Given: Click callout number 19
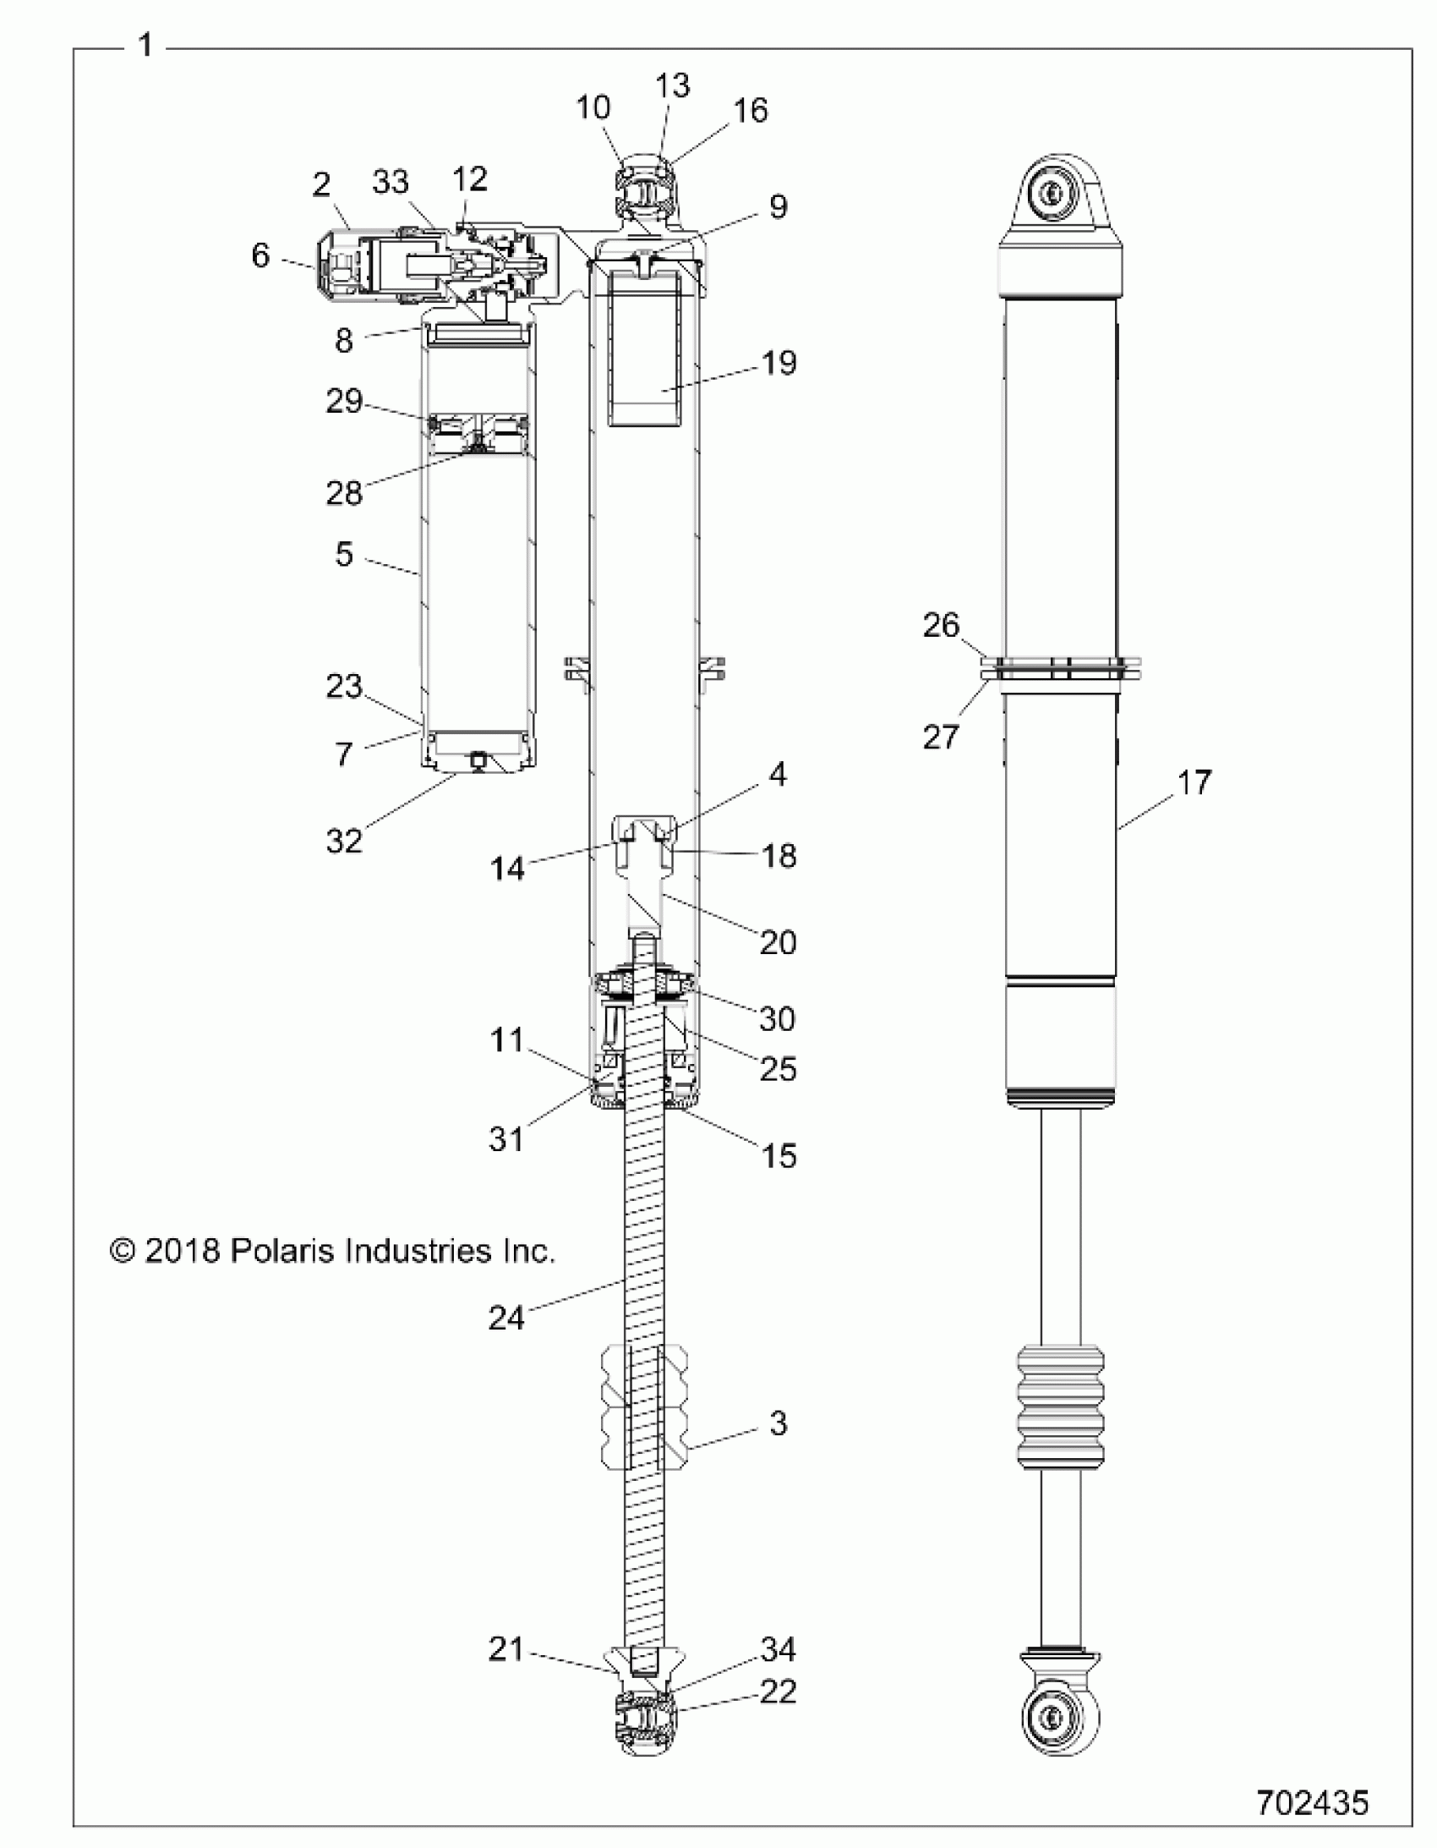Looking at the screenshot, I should (x=779, y=363).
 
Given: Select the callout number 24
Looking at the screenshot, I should (x=505, y=1318).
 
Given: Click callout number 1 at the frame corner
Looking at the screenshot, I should (x=145, y=45).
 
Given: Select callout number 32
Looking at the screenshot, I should (x=343, y=840).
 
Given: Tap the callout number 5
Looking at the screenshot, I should (x=343, y=554).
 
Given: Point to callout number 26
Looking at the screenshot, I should (x=941, y=625).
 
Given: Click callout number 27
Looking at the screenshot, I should (x=941, y=737).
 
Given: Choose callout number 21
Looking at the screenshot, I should (x=505, y=1649).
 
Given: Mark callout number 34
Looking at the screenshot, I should (x=779, y=1649).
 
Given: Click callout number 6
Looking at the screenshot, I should (x=260, y=255).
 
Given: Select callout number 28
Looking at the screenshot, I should (x=343, y=492).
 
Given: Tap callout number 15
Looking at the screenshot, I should (x=779, y=1155).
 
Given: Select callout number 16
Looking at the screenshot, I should (x=751, y=111).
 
